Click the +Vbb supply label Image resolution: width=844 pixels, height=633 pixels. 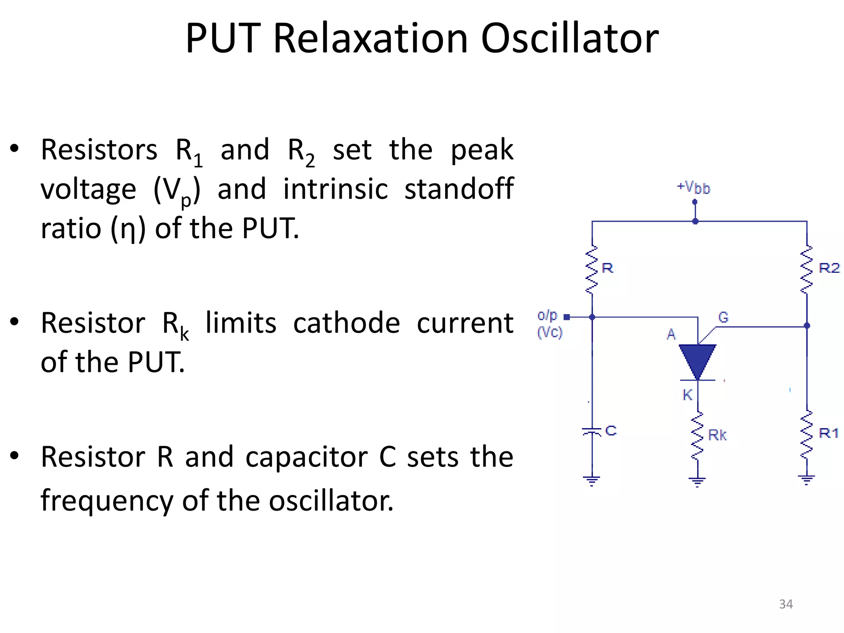pyautogui.click(x=694, y=188)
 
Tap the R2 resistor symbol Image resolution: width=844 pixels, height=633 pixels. pyautogui.click(x=806, y=270)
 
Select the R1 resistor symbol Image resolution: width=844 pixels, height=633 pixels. pyautogui.click(x=806, y=434)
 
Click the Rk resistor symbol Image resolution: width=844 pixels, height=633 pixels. pyautogui.click(x=697, y=436)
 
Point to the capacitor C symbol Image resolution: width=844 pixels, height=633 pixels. pyautogui.click(x=592, y=431)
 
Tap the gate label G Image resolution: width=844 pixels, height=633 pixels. pyautogui.click(x=723, y=317)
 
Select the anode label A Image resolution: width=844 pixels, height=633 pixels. pyautogui.click(x=671, y=334)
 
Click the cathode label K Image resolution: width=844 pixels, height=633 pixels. pyautogui.click(x=687, y=395)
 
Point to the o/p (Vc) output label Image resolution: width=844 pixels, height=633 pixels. pyautogui.click(x=549, y=324)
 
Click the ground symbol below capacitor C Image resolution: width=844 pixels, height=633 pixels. pyautogui.click(x=592, y=481)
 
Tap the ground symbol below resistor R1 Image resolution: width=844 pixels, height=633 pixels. pyautogui.click(x=806, y=479)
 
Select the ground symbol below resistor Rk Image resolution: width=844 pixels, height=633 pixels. pyautogui.click(x=697, y=481)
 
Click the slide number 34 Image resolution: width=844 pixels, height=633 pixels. pyautogui.click(x=786, y=604)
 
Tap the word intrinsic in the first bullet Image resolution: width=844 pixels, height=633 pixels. pyautogui.click(x=335, y=189)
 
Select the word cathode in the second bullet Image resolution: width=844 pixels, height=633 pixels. pyautogui.click(x=347, y=323)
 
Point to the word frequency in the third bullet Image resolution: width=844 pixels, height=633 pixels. pyautogui.click(x=107, y=501)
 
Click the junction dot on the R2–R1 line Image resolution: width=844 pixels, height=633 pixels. pyautogui.click(x=807, y=326)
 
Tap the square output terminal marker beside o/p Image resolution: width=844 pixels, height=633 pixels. pyautogui.click(x=567, y=317)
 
